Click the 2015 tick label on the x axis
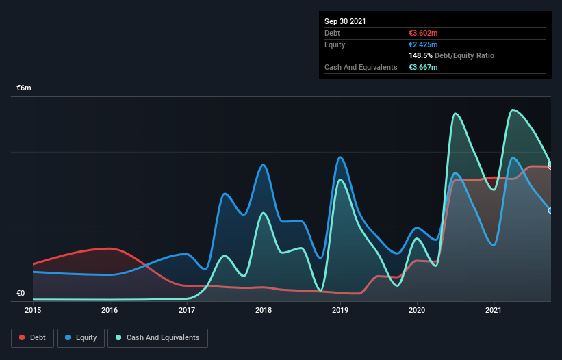click(x=33, y=310)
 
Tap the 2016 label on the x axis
click(x=110, y=310)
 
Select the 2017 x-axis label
click(x=187, y=310)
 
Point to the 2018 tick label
click(x=264, y=310)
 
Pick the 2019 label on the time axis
click(x=340, y=310)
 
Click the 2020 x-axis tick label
click(x=417, y=310)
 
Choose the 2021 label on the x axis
click(x=494, y=310)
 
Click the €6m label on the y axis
click(x=25, y=88)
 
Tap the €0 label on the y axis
click(x=21, y=293)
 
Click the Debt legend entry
click(x=31, y=337)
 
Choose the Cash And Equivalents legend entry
click(x=157, y=337)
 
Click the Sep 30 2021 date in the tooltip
click(x=345, y=21)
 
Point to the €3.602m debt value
click(x=423, y=33)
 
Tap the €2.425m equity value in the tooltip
click(x=423, y=44)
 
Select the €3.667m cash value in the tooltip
click(x=423, y=67)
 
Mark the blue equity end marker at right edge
click(x=550, y=210)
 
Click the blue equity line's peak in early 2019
click(x=340, y=157)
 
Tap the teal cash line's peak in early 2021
click(x=512, y=110)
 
